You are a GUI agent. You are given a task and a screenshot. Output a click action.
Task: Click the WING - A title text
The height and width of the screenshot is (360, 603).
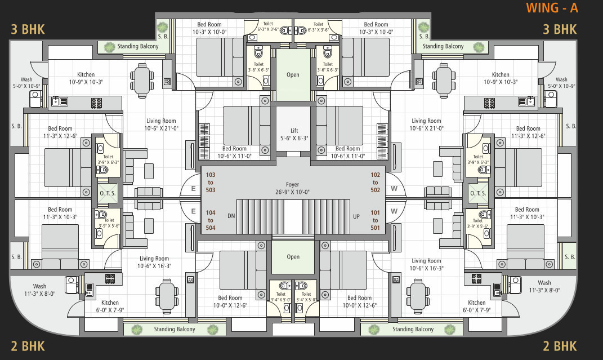(552, 8)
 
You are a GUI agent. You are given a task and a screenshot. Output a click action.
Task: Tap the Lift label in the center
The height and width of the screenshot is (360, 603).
(293, 134)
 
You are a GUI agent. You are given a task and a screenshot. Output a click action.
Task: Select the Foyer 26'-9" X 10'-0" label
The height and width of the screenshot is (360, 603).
(293, 188)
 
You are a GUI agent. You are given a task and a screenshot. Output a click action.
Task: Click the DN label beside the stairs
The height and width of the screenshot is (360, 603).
(231, 216)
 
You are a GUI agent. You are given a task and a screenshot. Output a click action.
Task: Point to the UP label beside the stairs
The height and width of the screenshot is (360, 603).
(355, 216)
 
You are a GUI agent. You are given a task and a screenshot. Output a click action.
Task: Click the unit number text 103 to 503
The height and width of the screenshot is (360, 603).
(211, 183)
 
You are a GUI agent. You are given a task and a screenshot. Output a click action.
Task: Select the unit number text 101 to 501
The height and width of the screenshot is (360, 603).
(376, 220)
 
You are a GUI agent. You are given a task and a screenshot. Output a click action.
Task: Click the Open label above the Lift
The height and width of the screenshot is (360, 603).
(293, 75)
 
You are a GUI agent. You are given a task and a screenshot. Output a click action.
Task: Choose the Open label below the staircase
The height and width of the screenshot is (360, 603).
(293, 257)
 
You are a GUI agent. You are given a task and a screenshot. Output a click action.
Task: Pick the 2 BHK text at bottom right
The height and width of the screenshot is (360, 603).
(560, 345)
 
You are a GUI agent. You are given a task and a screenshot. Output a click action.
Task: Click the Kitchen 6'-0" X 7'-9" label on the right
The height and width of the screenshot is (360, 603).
(476, 306)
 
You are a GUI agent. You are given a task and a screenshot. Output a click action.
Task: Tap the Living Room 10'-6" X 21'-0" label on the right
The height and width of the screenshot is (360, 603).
(426, 125)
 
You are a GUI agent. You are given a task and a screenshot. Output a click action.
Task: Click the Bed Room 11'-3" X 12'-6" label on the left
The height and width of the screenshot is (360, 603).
(60, 132)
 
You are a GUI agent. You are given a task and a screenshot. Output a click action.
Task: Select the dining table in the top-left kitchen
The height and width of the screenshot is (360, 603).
(141, 78)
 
